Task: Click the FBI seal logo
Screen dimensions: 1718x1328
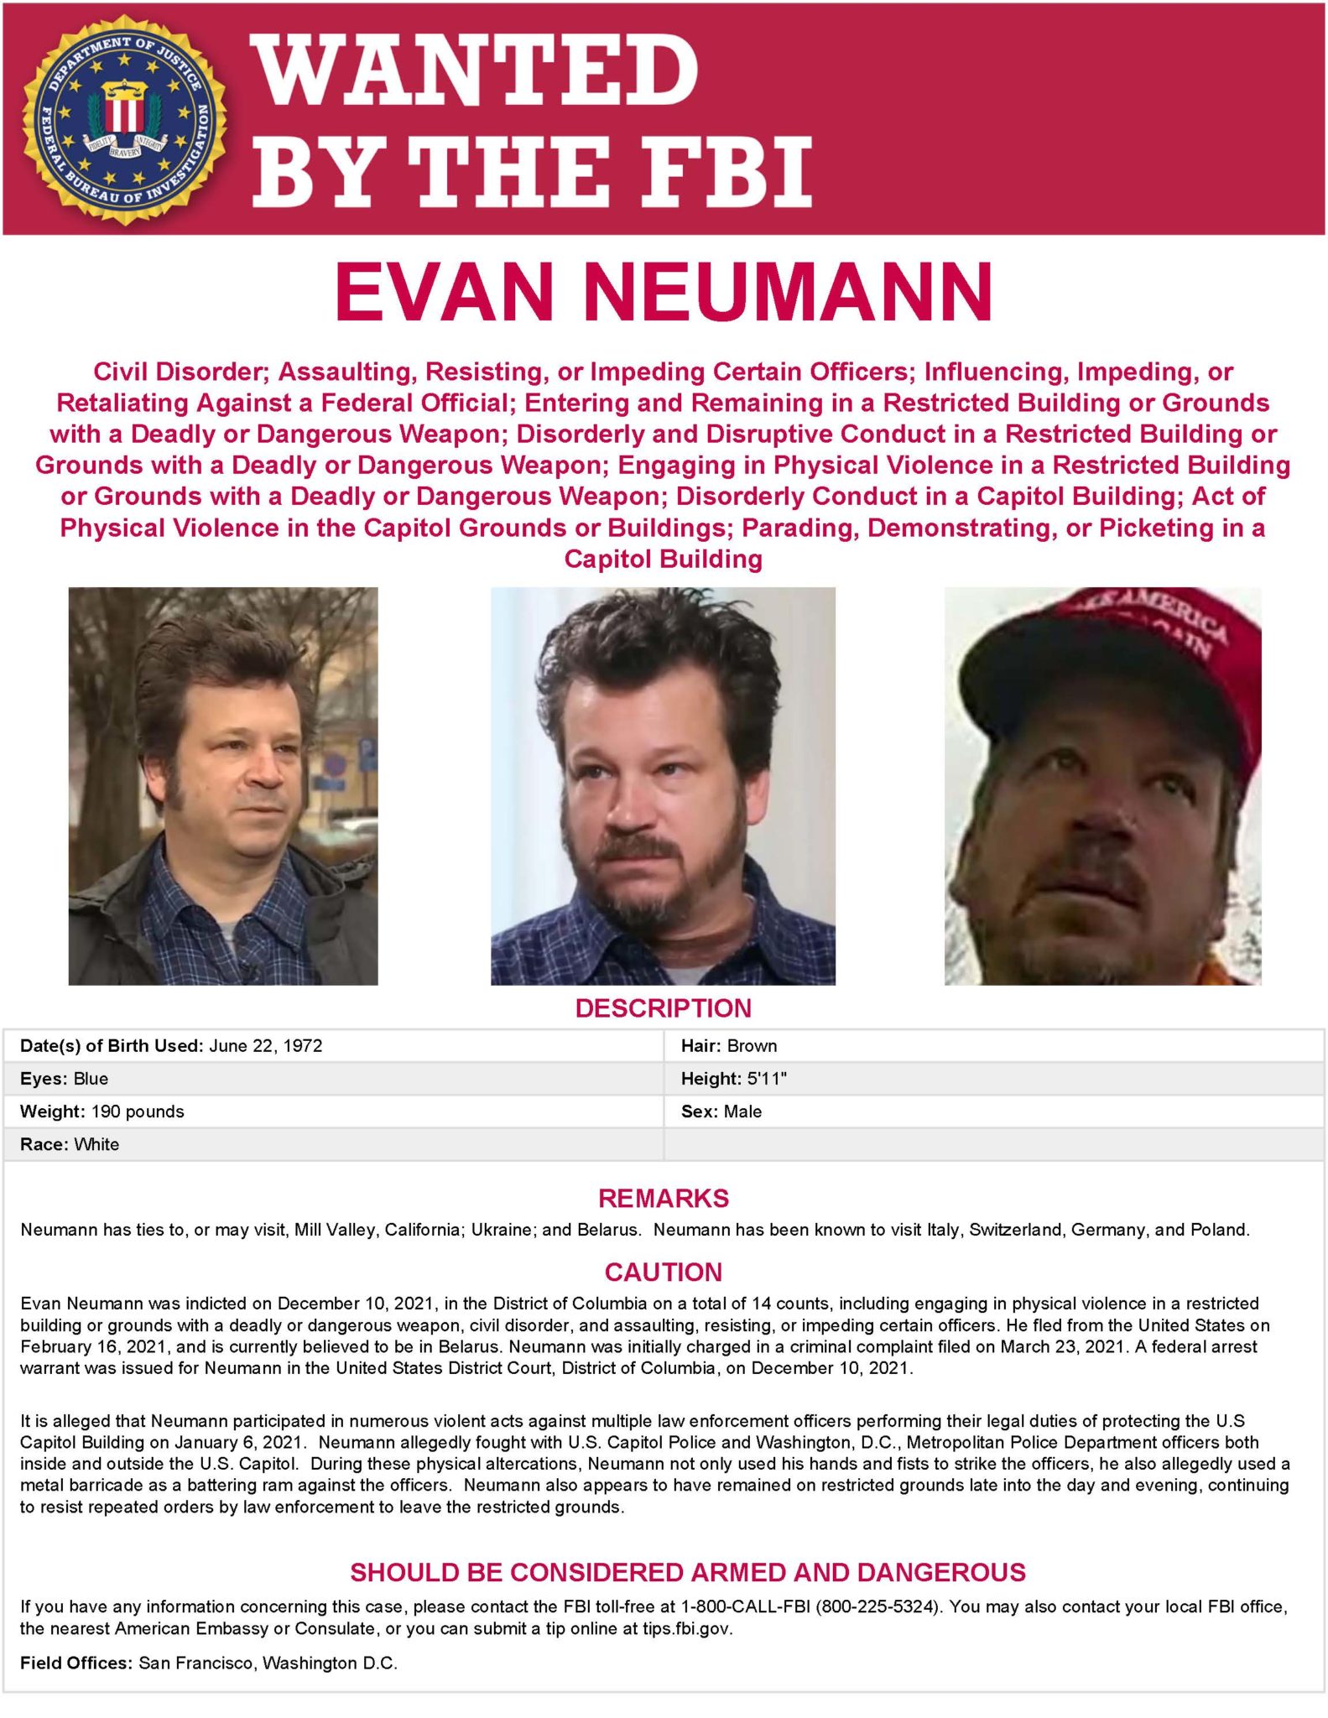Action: click(124, 118)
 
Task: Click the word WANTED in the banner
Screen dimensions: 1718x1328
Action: click(476, 68)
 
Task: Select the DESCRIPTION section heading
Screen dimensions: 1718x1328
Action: click(663, 1007)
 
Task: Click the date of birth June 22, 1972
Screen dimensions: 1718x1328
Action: click(265, 1045)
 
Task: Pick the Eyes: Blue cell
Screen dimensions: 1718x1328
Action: click(65, 1078)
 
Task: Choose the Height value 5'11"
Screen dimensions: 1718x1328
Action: click(767, 1078)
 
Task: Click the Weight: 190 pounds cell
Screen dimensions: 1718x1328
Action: click(102, 1111)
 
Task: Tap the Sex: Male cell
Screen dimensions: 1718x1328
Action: click(721, 1111)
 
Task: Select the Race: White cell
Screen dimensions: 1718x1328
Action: click(70, 1144)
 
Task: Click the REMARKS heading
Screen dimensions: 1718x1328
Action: click(663, 1198)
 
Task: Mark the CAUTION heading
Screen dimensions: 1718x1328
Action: click(663, 1272)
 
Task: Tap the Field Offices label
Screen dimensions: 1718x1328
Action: click(76, 1663)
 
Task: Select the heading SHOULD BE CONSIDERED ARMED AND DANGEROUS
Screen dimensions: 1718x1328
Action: click(688, 1571)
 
